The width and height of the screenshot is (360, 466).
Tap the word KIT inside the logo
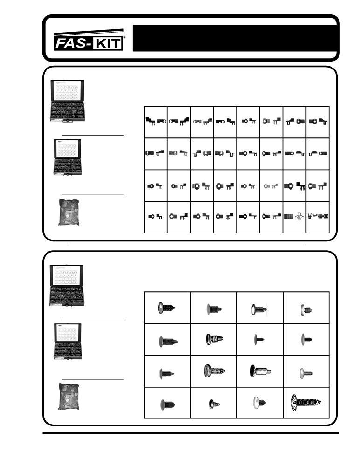(108, 44)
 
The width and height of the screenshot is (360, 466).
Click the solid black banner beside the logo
(235, 38)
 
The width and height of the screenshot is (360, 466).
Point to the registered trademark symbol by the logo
(124, 37)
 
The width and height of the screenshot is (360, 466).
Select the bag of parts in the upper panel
(69, 212)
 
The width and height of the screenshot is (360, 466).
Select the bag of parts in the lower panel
(69, 397)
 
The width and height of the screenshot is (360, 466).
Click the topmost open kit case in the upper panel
(68, 101)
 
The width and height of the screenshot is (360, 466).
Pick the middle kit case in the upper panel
(68, 157)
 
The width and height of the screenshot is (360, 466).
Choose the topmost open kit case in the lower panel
(67, 285)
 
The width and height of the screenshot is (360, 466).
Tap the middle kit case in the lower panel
(68, 342)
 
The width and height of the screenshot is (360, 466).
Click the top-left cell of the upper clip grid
(156, 122)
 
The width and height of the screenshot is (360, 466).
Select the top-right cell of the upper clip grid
(318, 122)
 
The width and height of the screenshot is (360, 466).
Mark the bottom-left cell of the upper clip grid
(156, 217)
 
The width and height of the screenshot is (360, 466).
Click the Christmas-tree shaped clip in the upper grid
(299, 217)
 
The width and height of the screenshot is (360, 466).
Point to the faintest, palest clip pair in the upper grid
(271, 186)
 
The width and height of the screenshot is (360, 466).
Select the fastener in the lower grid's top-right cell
(306, 310)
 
